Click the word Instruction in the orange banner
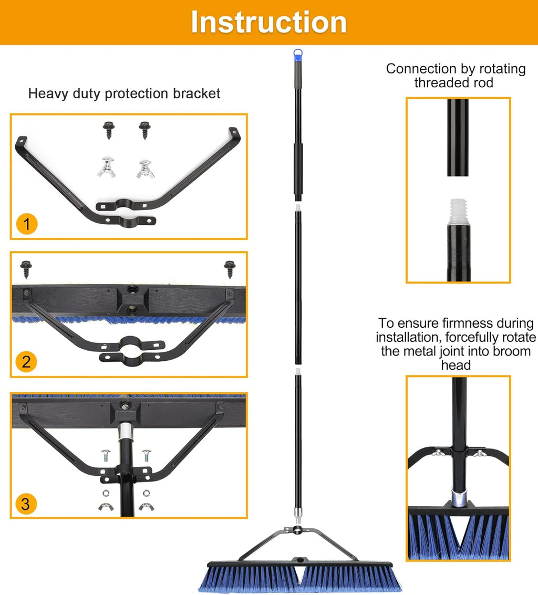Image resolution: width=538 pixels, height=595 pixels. tap(268, 23)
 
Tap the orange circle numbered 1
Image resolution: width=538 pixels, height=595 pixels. tap(27, 224)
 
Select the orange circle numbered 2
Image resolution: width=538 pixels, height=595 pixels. tap(26, 362)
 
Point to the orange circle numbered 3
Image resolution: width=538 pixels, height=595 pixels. tap(26, 504)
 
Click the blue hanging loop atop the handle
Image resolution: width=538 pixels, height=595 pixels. tap(298, 55)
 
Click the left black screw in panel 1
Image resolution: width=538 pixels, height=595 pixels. tap(109, 130)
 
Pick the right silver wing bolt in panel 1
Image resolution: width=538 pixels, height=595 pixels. tap(146, 169)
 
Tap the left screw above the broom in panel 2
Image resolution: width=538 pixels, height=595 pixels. tap(26, 269)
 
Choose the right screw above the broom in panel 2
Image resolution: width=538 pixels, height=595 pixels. tap(230, 269)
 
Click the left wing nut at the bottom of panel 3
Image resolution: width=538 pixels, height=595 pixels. tap(106, 506)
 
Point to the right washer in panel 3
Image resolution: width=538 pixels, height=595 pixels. tap(146, 493)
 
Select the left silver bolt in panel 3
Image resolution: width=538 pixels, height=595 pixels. tap(106, 455)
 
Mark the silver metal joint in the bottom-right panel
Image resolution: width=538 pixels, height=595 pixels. tap(459, 497)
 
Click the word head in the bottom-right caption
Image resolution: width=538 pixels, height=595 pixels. tap(456, 365)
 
